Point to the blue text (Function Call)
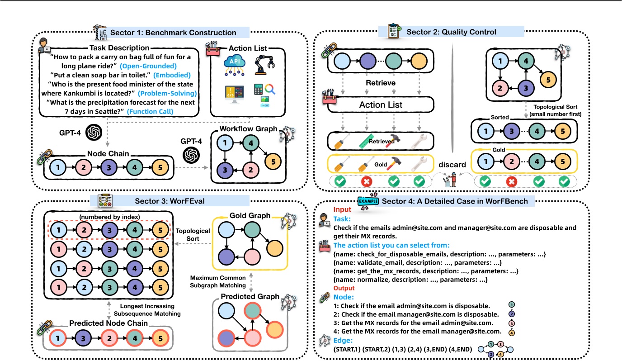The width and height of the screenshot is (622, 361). tap(151, 111)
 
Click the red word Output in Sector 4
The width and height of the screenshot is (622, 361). tap(344, 288)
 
